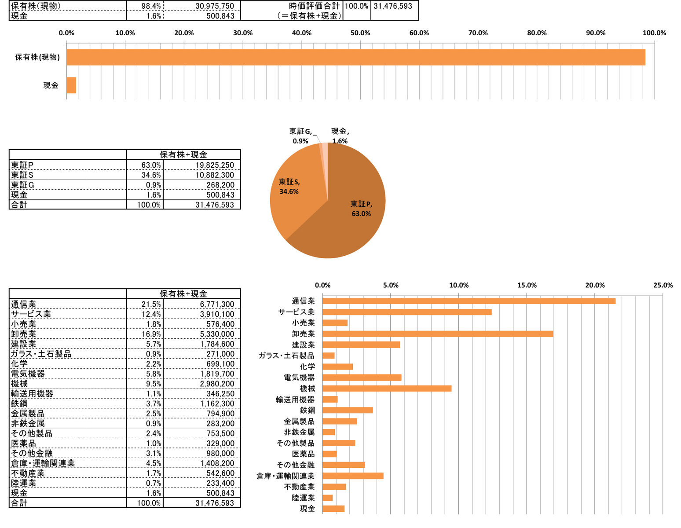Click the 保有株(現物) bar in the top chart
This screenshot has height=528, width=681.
pyautogui.click(x=355, y=57)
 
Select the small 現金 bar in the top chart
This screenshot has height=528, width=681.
pyautogui.click(x=71, y=85)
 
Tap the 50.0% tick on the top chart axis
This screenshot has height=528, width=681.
pyautogui.click(x=360, y=33)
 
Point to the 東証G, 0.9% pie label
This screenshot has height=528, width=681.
pyautogui.click(x=301, y=136)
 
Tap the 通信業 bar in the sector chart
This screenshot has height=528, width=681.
pyautogui.click(x=469, y=301)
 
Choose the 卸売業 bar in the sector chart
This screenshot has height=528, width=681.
pyautogui.click(x=438, y=334)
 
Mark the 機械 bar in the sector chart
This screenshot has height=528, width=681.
pyautogui.click(x=387, y=389)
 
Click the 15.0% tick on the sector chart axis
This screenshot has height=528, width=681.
pyautogui.click(x=527, y=285)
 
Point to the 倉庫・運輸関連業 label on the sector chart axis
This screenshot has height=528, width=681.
pyautogui.click(x=286, y=476)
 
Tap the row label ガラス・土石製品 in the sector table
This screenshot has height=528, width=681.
pyautogui.click(x=41, y=354)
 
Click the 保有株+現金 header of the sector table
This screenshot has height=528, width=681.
pyautogui.click(x=183, y=294)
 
